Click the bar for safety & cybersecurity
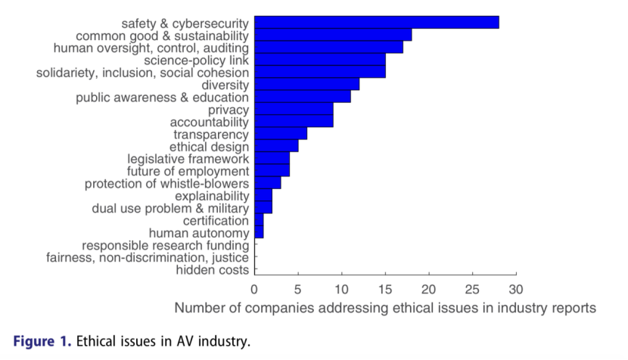pyautogui.click(x=377, y=22)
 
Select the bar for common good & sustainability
pyautogui.click(x=333, y=35)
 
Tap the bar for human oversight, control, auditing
pyautogui.click(x=328, y=48)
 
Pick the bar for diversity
pyautogui.click(x=306, y=85)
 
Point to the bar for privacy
pyautogui.click(x=294, y=110)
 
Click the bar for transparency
pyautogui.click(x=281, y=134)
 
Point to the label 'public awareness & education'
pyautogui.click(x=162, y=98)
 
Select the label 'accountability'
pyautogui.click(x=210, y=122)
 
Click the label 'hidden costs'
pyautogui.click(x=212, y=270)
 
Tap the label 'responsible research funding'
pyautogui.click(x=166, y=245)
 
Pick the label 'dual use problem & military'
pyautogui.click(x=170, y=208)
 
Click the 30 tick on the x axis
pyautogui.click(x=516, y=289)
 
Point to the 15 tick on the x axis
pyautogui.click(x=385, y=289)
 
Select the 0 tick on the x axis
pyautogui.click(x=255, y=289)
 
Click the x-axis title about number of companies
pyautogui.click(x=385, y=309)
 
